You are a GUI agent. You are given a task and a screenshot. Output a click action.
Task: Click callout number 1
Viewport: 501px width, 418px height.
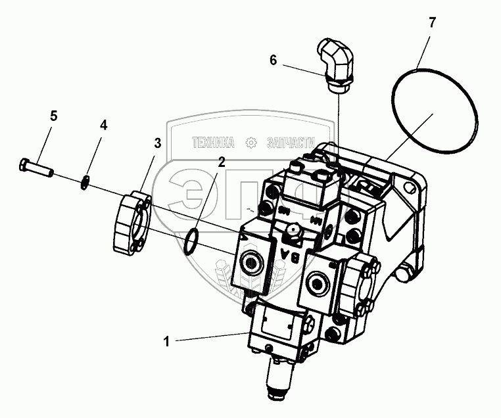click(x=167, y=340)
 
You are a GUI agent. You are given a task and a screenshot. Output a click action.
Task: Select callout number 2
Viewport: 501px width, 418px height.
click(x=222, y=161)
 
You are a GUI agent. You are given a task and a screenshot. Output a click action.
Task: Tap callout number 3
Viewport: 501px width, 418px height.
click(x=158, y=143)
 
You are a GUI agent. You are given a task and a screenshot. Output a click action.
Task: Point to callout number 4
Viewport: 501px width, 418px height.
click(x=103, y=125)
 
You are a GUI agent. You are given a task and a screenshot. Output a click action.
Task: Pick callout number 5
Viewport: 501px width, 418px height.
click(x=54, y=116)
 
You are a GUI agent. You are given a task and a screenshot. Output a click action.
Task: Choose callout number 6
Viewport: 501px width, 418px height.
click(x=273, y=60)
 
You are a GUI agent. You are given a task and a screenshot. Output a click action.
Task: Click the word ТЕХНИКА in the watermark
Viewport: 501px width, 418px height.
click(x=213, y=142)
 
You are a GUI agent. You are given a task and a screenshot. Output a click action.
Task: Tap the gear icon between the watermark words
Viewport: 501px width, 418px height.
click(x=251, y=142)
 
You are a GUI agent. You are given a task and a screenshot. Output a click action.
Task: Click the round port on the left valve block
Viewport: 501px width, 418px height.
click(x=252, y=263)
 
